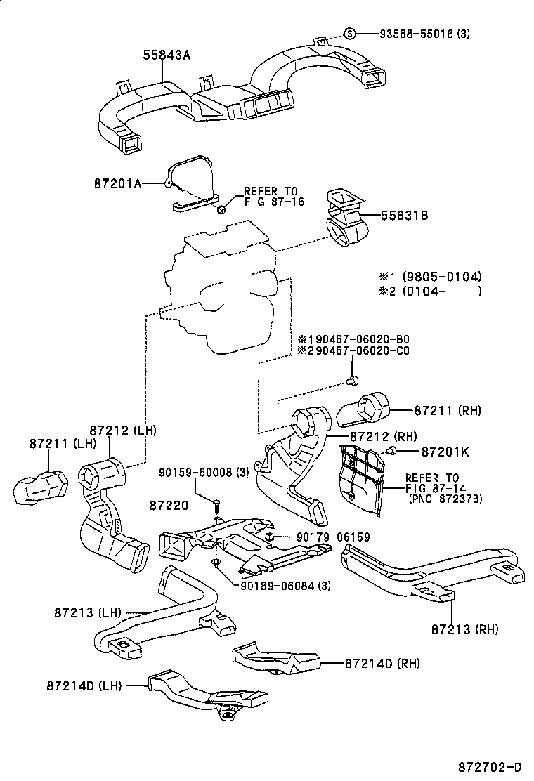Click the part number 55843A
(x=167, y=54)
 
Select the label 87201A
(x=117, y=183)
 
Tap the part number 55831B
(x=405, y=216)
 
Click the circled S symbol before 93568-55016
(x=351, y=34)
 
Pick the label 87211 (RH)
(x=447, y=409)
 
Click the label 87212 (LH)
(x=123, y=430)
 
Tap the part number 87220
(x=167, y=506)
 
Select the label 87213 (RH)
(x=464, y=629)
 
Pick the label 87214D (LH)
(x=80, y=685)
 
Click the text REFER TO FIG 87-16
(x=271, y=196)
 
